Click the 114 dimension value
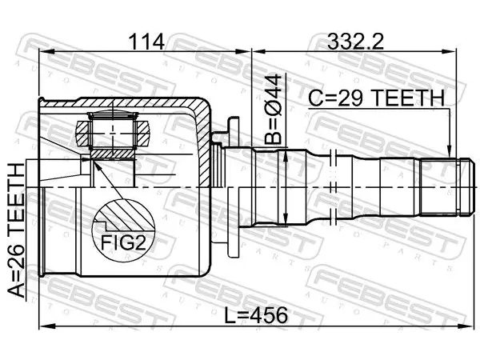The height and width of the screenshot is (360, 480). point(146,42)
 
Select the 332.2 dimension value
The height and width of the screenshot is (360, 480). point(355,42)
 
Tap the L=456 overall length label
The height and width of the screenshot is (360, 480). point(256,315)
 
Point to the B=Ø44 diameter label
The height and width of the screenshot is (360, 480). point(273,109)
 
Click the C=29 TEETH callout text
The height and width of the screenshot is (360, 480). point(376,98)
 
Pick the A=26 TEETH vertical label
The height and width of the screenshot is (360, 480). point(16,230)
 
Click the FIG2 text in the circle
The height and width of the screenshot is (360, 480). point(123,242)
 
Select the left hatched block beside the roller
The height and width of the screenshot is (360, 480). point(82,134)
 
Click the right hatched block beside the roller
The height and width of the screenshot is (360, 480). point(143,134)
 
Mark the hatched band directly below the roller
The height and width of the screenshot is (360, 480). point(114,154)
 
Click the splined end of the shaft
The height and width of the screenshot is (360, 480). point(445,186)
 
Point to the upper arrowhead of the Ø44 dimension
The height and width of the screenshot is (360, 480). point(286,157)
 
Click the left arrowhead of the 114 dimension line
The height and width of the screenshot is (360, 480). point(46,52)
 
